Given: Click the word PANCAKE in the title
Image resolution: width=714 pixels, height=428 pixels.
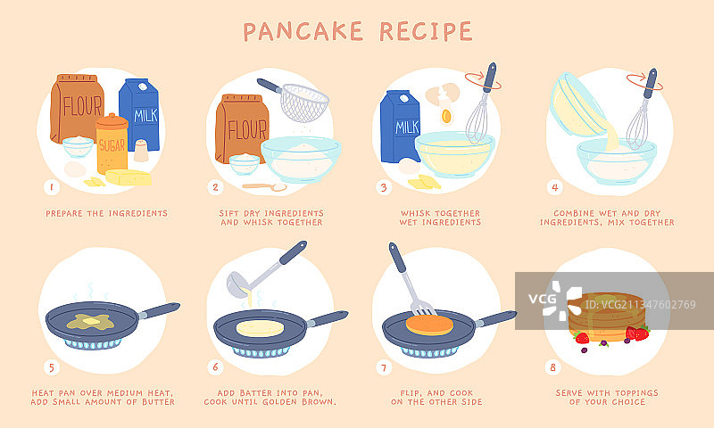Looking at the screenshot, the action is pyautogui.click(x=303, y=31).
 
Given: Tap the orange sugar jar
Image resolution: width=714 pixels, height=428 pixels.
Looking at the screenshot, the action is pyautogui.click(x=112, y=144).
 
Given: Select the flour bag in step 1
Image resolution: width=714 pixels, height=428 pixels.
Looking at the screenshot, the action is pyautogui.click(x=77, y=108).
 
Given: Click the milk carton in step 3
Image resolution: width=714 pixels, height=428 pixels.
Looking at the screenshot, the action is pyautogui.click(x=400, y=127).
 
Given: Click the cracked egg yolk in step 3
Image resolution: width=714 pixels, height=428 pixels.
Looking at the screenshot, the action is pyautogui.click(x=446, y=117).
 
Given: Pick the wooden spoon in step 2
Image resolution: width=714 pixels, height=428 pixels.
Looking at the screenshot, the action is pyautogui.click(x=264, y=186).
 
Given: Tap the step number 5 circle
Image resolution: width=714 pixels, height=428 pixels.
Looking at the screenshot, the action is pyautogui.click(x=52, y=367).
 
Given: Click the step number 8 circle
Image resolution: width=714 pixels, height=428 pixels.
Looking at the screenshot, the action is pyautogui.click(x=552, y=367).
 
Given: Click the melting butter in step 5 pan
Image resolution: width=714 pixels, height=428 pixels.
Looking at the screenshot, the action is pyautogui.click(x=91, y=322).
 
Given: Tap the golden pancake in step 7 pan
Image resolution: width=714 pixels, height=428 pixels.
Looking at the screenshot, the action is pyautogui.click(x=430, y=325).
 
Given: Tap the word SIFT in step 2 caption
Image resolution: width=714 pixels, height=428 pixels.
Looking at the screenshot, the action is pyautogui.click(x=229, y=213).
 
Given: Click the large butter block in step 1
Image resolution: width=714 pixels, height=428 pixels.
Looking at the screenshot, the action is pyautogui.click(x=129, y=177).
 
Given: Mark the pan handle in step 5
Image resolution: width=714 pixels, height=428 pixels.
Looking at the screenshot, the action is pyautogui.click(x=160, y=310).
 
